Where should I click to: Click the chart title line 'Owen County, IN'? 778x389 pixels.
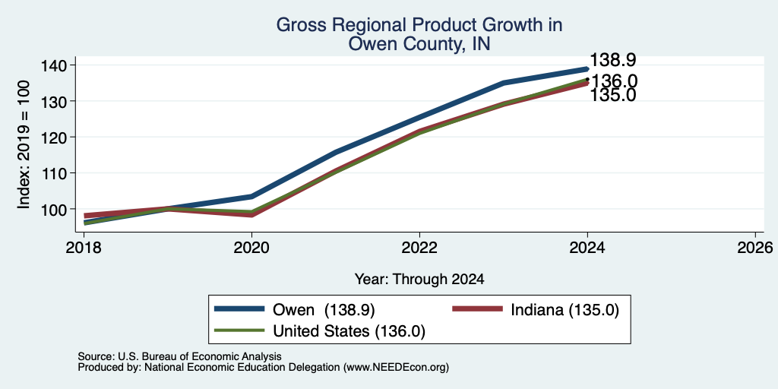pos(419,43)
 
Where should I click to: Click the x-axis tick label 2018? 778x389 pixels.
pos(84,247)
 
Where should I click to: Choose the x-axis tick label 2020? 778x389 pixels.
pos(251,247)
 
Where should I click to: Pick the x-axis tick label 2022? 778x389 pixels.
pos(419,247)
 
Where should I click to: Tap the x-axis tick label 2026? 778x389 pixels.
pos(756,247)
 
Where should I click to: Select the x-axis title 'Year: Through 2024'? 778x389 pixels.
pos(419,280)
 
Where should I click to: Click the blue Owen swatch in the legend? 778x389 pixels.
pos(239,309)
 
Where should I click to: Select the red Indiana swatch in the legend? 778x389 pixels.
pos(477,309)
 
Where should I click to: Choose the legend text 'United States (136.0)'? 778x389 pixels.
pos(349,331)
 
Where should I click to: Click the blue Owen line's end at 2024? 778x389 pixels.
pos(587,69)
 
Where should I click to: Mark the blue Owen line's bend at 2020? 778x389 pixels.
pos(251,197)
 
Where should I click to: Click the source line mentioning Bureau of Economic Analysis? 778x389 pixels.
pos(179,356)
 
